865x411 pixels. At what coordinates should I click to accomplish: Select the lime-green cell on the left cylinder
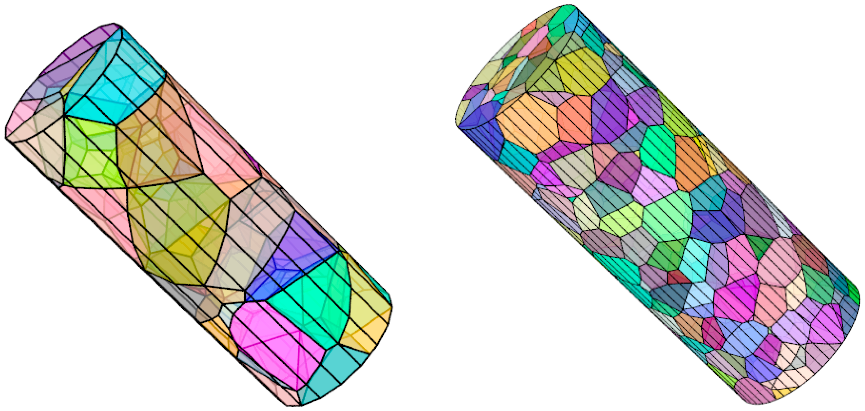(x=91, y=151)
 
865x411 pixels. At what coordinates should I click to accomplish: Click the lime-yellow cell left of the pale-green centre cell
(x=621, y=218)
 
